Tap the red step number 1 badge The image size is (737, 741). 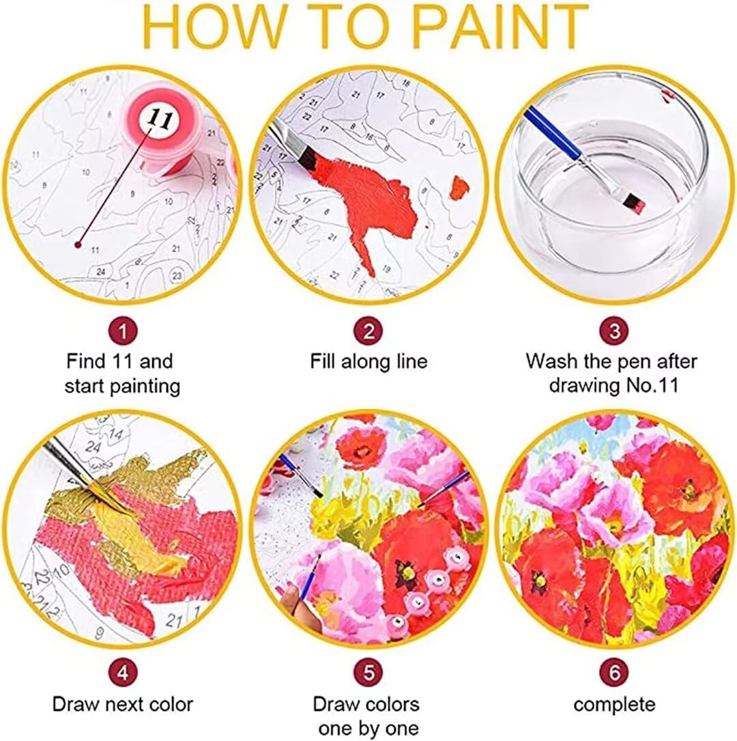click(x=123, y=332)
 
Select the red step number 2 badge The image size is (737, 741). click(x=369, y=332)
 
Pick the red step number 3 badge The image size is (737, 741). click(x=614, y=332)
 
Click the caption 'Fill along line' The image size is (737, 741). click(x=369, y=361)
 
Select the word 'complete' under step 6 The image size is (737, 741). click(x=614, y=703)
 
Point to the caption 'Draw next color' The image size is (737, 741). click(x=123, y=703)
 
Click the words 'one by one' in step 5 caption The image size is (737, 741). click(x=369, y=728)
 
